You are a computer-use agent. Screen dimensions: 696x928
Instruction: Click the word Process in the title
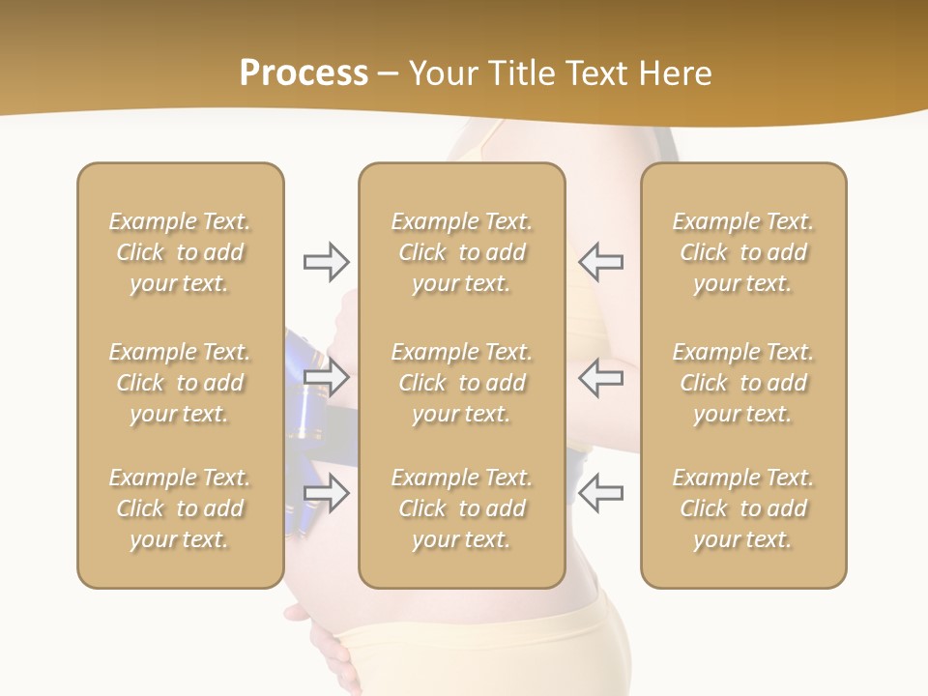304,73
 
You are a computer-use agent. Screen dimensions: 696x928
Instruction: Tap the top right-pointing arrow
326,261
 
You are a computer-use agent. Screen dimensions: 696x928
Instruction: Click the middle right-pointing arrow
326,377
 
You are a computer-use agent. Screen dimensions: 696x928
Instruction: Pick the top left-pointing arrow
601,261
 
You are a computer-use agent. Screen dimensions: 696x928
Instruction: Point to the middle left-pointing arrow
601,377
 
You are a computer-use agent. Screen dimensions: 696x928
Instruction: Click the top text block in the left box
180,252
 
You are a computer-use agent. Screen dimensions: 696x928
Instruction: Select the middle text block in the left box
180,383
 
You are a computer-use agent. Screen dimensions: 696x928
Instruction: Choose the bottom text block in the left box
180,508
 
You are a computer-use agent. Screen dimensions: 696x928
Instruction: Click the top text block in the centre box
461,252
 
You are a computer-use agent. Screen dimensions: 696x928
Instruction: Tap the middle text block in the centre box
461,383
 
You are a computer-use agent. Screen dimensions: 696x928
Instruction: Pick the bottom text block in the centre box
461,508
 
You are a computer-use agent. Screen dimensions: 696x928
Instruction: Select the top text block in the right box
742,252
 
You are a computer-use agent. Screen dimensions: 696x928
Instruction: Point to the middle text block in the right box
742,383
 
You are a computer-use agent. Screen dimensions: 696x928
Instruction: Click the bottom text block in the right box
742,508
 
